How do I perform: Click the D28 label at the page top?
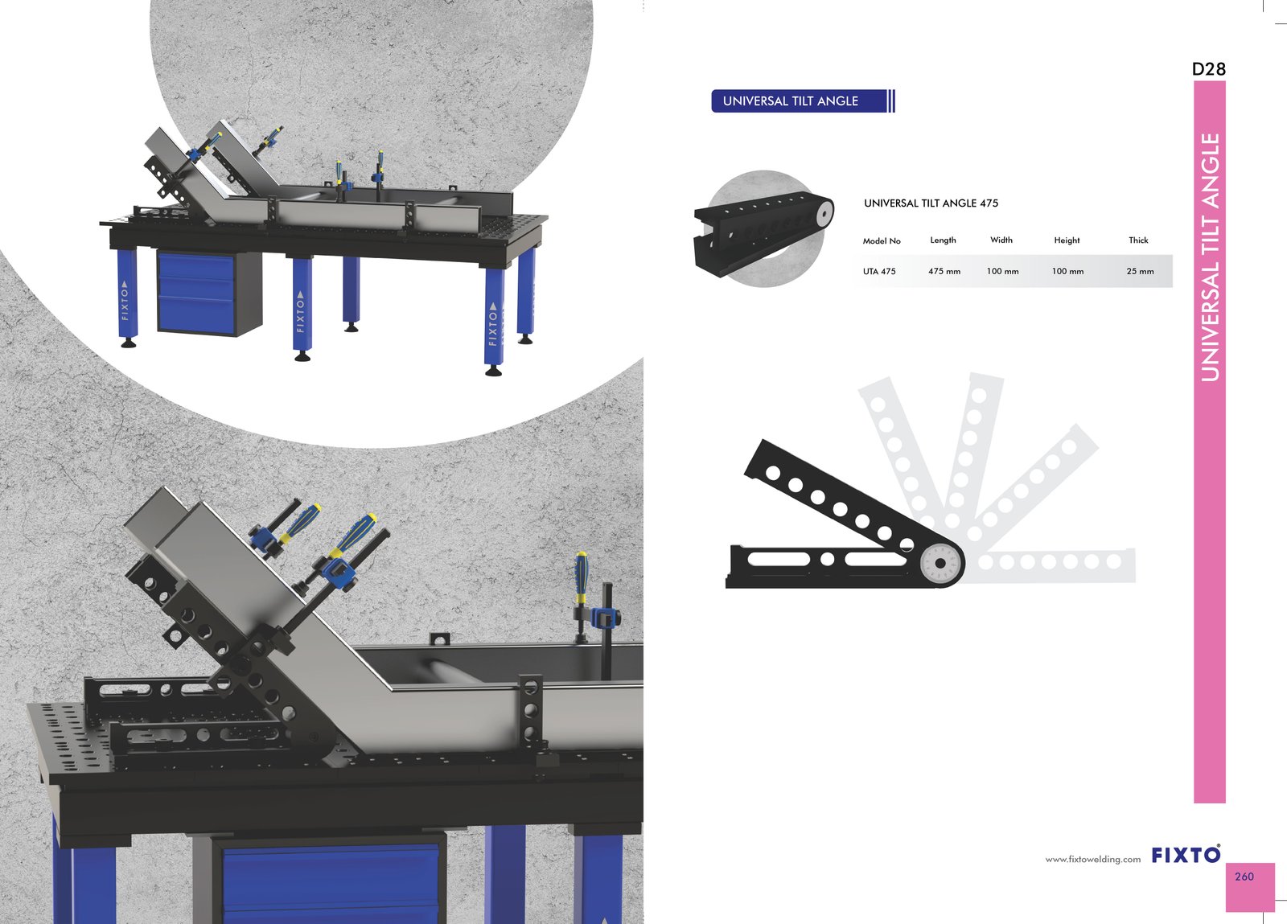1209,69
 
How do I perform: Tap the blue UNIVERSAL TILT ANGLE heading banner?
803,101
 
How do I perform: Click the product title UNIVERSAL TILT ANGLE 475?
931,203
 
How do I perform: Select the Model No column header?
882,240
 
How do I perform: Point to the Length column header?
943,240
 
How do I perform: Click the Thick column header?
1138,240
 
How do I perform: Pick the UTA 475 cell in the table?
879,271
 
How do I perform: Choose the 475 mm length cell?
944,271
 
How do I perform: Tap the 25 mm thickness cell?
1140,271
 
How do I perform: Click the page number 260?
1244,877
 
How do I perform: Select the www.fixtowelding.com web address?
1093,860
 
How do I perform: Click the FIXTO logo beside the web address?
1186,855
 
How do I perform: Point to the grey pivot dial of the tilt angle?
940,564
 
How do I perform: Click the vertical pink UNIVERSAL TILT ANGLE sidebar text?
1210,257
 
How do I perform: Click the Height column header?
1067,240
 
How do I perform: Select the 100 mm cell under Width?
1002,271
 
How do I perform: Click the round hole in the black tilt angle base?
827,559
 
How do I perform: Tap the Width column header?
1001,240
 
